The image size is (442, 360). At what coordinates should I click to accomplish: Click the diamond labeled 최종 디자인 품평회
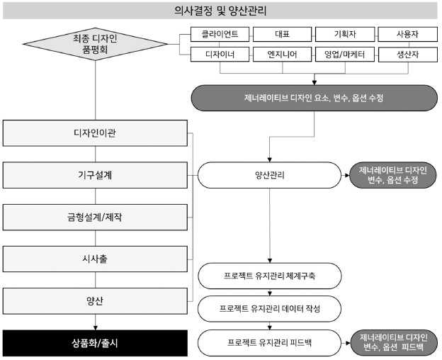pyautogui.click(x=96, y=44)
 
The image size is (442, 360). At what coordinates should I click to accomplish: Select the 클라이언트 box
pyautogui.click(x=220, y=34)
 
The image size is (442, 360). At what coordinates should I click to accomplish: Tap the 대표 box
pyautogui.click(x=282, y=34)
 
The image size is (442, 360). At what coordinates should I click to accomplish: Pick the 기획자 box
pyautogui.click(x=345, y=34)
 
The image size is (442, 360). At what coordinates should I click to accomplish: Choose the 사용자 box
pyautogui.click(x=407, y=34)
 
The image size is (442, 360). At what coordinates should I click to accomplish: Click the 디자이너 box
pyautogui.click(x=220, y=55)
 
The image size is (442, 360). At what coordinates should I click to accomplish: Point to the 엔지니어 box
pyautogui.click(x=282, y=55)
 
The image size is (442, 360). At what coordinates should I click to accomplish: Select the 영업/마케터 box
pyautogui.click(x=345, y=55)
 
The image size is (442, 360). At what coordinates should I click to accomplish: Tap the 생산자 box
pyautogui.click(x=407, y=55)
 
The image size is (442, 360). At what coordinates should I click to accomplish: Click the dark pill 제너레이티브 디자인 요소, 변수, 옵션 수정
pyautogui.click(x=314, y=98)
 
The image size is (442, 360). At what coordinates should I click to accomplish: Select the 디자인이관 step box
pyautogui.click(x=96, y=133)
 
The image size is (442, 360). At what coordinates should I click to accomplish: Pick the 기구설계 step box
pyautogui.click(x=96, y=175)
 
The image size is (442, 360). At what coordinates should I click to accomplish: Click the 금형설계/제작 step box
pyautogui.click(x=96, y=218)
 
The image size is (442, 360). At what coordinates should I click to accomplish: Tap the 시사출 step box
pyautogui.click(x=96, y=259)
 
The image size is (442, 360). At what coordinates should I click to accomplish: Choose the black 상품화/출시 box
pyautogui.click(x=96, y=343)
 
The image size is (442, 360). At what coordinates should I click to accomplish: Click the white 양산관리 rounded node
pyautogui.click(x=269, y=175)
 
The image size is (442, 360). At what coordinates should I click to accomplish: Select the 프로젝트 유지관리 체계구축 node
pyautogui.click(x=269, y=276)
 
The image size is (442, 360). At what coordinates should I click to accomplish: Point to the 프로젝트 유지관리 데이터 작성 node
pyautogui.click(x=269, y=309)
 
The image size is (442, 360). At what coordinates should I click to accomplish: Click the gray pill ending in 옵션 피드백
pyautogui.click(x=394, y=343)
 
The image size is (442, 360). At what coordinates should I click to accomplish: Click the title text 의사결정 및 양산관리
pyautogui.click(x=220, y=11)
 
